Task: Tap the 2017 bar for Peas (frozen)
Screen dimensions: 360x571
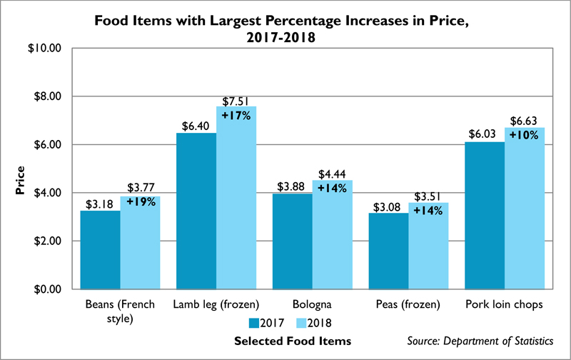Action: click(x=388, y=251)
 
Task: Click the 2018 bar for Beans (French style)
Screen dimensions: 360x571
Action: click(x=139, y=243)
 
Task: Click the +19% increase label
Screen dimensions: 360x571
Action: click(x=140, y=201)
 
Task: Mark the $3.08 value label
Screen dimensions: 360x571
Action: click(x=389, y=206)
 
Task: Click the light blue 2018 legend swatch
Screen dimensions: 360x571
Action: click(x=302, y=323)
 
